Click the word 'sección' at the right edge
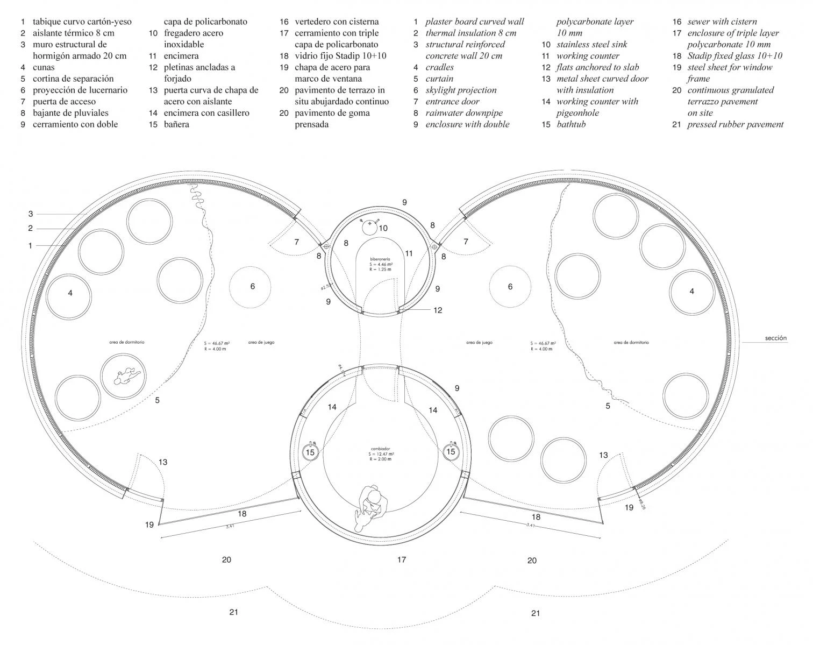click(x=775, y=338)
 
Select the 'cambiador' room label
click(x=380, y=448)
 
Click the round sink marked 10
click(x=370, y=227)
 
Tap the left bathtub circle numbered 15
click(x=310, y=452)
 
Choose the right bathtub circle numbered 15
click(x=451, y=451)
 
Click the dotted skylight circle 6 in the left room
click(x=252, y=287)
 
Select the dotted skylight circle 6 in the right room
click(x=510, y=287)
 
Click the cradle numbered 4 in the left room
click(x=70, y=294)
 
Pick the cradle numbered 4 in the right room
click(x=691, y=292)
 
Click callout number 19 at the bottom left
click(x=149, y=524)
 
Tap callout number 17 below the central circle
click(x=402, y=560)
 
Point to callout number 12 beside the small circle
click(x=438, y=310)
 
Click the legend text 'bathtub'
click(x=571, y=124)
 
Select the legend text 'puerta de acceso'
click(x=64, y=101)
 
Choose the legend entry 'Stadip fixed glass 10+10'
click(x=734, y=56)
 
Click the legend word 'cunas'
click(x=44, y=67)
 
